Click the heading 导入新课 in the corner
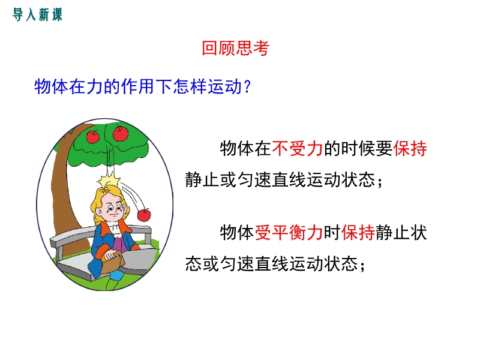(x=37, y=14)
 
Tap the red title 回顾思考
(x=235, y=48)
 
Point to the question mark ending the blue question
(x=247, y=86)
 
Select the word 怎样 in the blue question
(x=182, y=86)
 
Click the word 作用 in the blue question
(x=138, y=86)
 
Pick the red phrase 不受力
(x=297, y=148)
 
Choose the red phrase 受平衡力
(x=289, y=233)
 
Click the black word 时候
(x=358, y=148)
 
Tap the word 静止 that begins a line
(x=202, y=179)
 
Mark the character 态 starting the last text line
(x=193, y=263)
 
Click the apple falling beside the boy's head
(x=144, y=215)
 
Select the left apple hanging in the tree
(x=93, y=137)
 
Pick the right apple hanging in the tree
(x=121, y=134)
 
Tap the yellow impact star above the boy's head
(x=109, y=179)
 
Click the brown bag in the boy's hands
(x=113, y=263)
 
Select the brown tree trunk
(x=65, y=190)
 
